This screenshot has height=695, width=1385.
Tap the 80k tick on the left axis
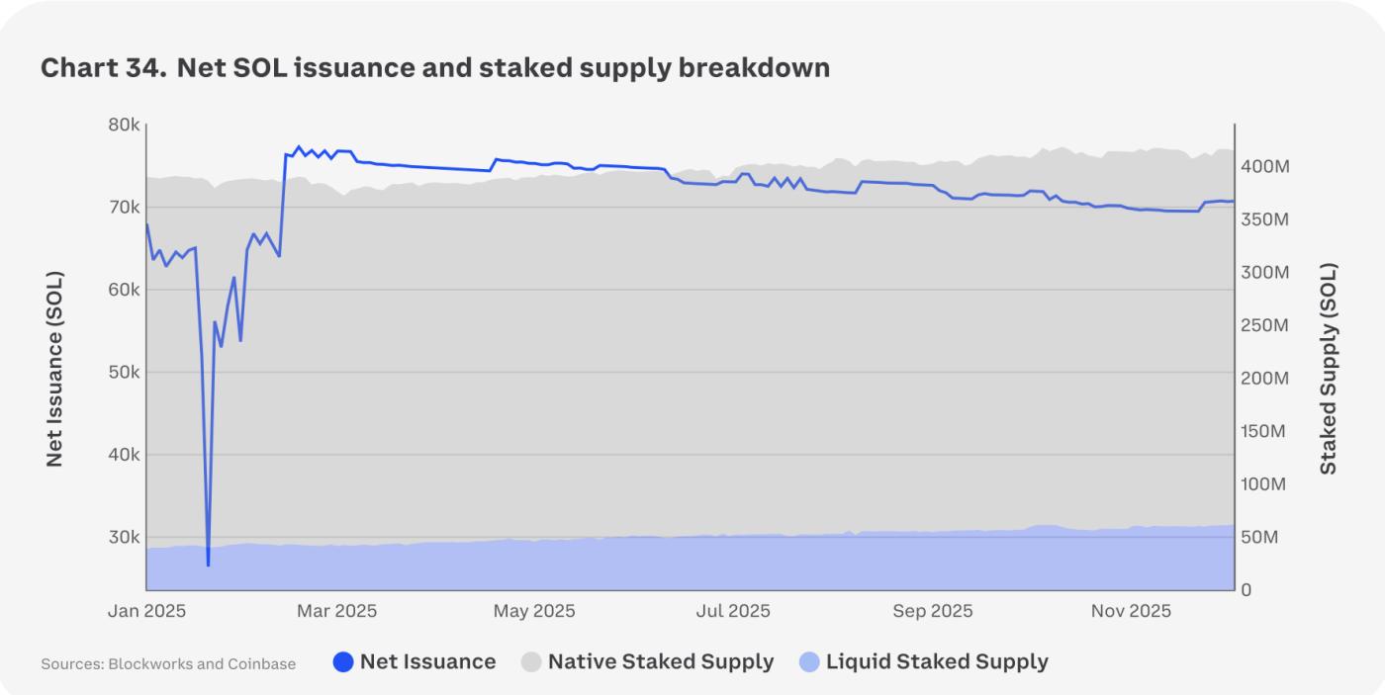(x=124, y=126)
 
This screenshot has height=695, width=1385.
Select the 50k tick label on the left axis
(x=124, y=373)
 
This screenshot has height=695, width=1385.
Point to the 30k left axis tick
(x=124, y=538)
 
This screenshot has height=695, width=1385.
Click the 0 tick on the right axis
(x=1246, y=590)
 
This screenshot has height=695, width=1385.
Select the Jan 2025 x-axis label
(x=146, y=611)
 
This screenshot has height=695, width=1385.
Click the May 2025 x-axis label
(x=534, y=611)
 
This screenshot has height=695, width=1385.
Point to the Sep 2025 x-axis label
(x=932, y=611)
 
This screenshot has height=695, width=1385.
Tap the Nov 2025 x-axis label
(x=1131, y=611)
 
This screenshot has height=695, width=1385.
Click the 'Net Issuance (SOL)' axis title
(x=55, y=368)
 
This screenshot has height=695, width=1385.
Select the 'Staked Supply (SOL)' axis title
(x=1329, y=368)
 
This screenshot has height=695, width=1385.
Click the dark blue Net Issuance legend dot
(x=343, y=662)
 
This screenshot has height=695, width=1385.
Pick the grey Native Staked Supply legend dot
(x=531, y=662)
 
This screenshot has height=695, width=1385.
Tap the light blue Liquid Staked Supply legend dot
(x=809, y=662)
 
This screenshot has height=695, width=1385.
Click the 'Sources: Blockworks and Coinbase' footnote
(x=168, y=664)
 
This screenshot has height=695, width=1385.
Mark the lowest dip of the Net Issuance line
(x=208, y=565)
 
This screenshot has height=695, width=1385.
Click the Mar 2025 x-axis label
(x=336, y=611)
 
